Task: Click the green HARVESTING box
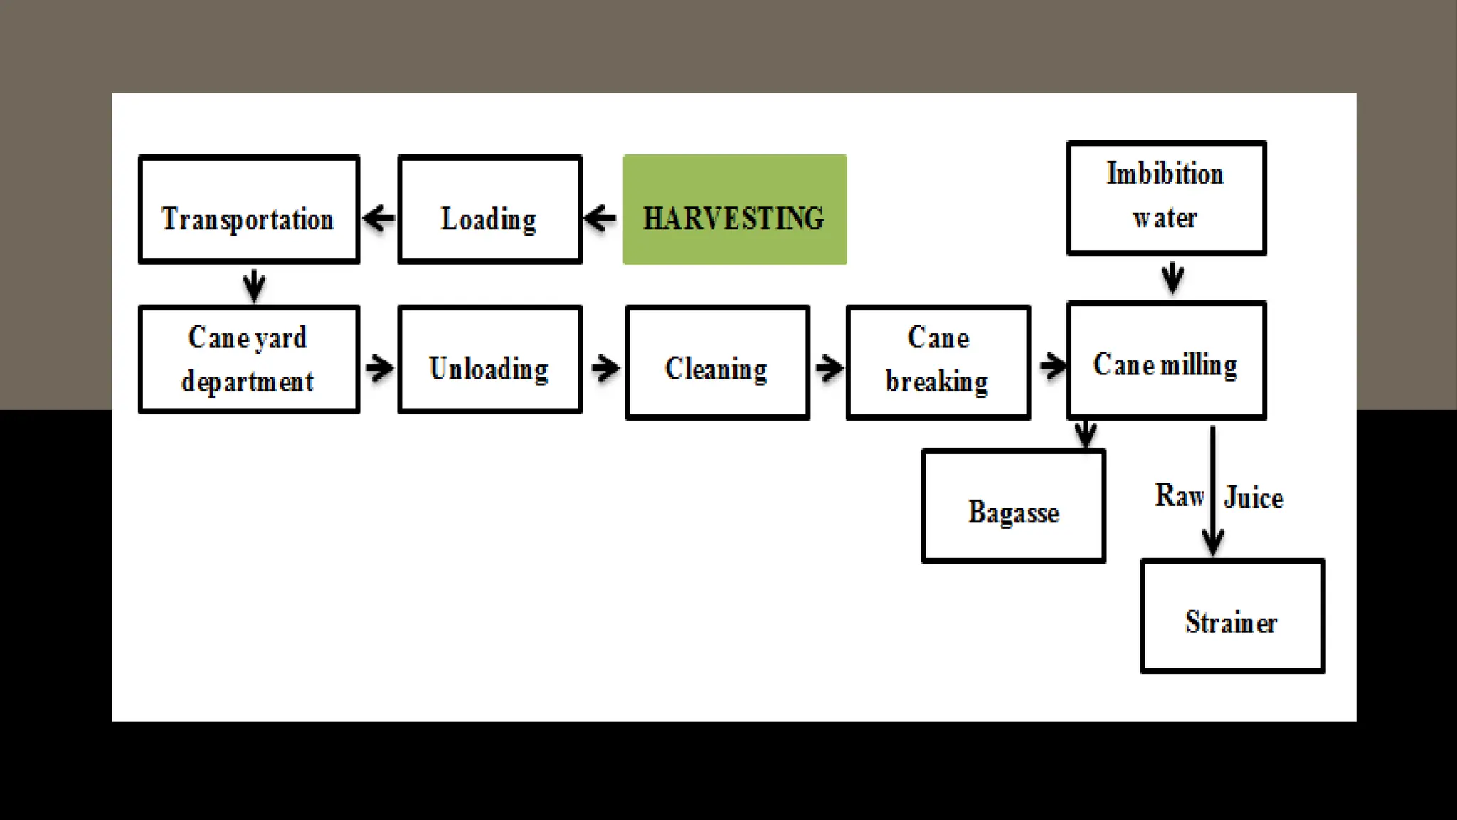point(734,209)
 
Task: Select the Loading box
point(489,209)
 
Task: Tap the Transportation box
point(248,209)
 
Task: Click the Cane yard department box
point(248,359)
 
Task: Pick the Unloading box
point(489,359)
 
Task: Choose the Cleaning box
point(717,362)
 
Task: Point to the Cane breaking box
point(938,362)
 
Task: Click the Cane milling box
point(1166,360)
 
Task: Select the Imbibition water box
point(1166,198)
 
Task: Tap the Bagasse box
point(1013,506)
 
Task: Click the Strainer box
point(1232,616)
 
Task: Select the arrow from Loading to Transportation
point(379,218)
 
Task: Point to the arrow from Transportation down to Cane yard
point(254,285)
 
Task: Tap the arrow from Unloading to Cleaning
point(605,368)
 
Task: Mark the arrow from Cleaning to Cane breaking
point(829,368)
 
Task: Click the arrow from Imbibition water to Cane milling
point(1172,278)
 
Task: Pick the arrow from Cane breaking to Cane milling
point(1052,367)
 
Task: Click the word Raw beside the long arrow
point(1179,495)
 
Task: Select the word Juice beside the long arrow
point(1254,498)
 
